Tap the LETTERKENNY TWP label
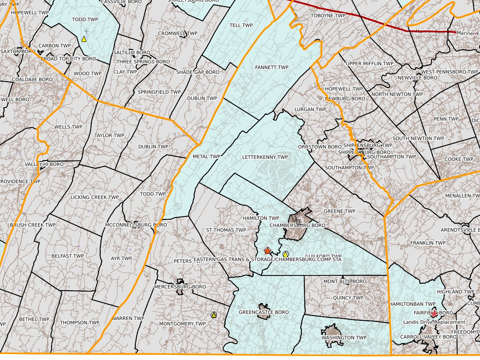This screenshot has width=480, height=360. pos(265,157)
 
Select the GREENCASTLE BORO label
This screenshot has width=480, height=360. pos(264,312)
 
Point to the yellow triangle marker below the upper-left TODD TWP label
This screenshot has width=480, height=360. pos(84,39)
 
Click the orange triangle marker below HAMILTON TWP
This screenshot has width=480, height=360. pos(267,251)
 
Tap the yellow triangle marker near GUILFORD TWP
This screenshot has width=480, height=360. pos(286,254)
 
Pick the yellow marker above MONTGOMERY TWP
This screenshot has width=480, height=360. pos(214,315)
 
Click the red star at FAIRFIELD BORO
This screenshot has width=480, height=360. pos(434,313)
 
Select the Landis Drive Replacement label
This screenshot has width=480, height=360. pos(434,322)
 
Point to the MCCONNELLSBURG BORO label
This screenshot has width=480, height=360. pos(136,225)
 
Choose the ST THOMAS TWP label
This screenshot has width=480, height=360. pos(226,230)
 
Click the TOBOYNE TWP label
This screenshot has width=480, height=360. pos(328,16)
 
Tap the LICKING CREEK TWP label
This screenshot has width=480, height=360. pos(94,197)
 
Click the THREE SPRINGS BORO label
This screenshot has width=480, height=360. pos(143,62)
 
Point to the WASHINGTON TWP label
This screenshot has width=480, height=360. pos(344,337)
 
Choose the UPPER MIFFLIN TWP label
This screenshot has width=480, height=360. pos(369,63)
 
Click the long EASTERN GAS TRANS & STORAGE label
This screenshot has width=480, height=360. pos(267,259)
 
